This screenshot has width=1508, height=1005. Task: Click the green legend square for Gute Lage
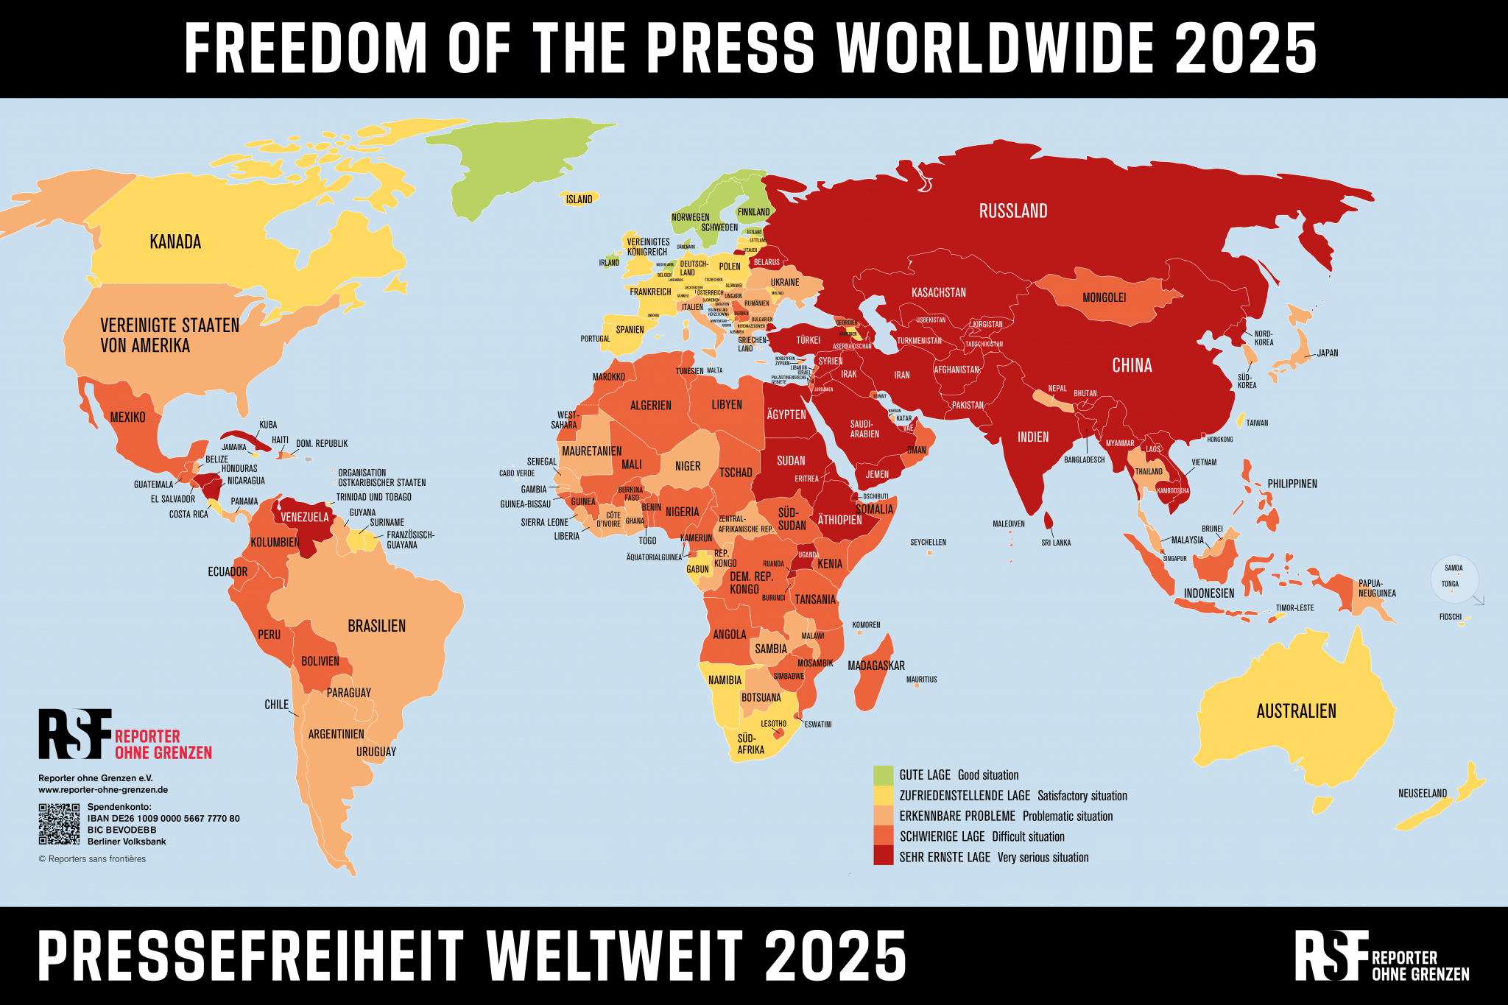tap(883, 775)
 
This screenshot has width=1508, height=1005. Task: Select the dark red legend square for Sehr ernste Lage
tap(883, 856)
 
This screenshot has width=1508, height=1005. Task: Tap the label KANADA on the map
tap(175, 241)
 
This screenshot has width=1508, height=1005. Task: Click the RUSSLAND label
tap(1012, 211)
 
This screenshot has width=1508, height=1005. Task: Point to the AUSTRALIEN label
tap(1296, 711)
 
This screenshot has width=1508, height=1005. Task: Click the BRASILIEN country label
tap(376, 626)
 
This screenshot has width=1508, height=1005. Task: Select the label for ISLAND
tap(579, 200)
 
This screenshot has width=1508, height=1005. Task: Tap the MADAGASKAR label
tap(875, 666)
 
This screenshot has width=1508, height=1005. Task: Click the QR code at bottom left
tap(59, 824)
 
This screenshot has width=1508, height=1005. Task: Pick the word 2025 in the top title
tap(1245, 49)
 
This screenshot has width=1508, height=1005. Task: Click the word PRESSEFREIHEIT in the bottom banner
tap(250, 956)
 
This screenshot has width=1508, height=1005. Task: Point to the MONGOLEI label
tap(1104, 297)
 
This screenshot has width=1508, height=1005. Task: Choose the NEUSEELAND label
tap(1422, 793)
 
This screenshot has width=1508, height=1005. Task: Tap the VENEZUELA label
tap(304, 517)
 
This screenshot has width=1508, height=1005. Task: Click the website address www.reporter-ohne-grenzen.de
tap(103, 789)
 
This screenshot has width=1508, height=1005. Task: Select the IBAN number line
tap(163, 818)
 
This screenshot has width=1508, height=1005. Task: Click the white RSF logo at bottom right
tap(1331, 955)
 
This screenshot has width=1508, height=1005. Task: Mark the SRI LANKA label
tap(1056, 543)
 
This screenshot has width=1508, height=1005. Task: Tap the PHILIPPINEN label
tap(1292, 484)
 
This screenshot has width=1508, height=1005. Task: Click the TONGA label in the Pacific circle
tap(1450, 584)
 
